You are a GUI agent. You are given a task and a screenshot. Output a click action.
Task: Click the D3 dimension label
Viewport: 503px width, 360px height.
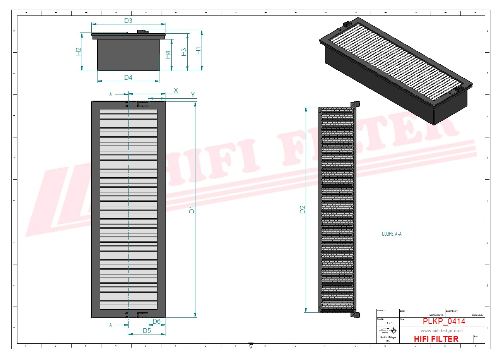click(128, 21)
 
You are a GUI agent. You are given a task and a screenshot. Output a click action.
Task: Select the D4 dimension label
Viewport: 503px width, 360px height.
click(128, 78)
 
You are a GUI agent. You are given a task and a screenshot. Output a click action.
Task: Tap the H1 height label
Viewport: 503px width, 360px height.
click(198, 50)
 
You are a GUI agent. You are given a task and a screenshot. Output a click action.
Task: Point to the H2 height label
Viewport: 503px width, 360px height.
click(78, 51)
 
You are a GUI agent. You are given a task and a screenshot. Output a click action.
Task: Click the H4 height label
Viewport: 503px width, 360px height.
click(168, 55)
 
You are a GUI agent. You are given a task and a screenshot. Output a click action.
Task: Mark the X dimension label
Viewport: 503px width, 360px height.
click(176, 90)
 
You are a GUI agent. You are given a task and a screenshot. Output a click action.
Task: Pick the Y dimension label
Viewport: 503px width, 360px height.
click(193, 95)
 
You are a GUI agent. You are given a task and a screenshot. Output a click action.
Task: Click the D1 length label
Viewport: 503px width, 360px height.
click(192, 210)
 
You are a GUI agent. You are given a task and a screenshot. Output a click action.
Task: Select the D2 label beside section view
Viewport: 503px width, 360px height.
click(302, 209)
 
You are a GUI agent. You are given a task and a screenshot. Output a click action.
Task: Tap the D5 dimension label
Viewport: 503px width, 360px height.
click(147, 331)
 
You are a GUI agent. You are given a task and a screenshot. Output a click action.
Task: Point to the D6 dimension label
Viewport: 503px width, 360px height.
click(156, 321)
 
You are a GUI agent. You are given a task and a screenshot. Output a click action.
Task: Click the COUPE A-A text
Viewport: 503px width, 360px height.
click(392, 234)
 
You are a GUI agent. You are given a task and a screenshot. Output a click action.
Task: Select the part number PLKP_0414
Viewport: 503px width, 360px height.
click(444, 321)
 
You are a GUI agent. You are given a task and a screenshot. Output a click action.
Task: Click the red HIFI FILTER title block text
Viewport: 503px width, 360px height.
click(436, 339)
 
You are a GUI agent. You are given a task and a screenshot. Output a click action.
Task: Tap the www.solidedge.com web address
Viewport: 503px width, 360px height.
click(441, 331)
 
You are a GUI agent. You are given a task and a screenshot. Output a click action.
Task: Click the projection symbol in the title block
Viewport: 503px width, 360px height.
click(388, 331)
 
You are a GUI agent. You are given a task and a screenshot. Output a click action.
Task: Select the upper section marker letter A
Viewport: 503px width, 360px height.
click(111, 94)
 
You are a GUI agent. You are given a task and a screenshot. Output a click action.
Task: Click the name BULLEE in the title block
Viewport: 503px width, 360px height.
click(477, 315)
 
